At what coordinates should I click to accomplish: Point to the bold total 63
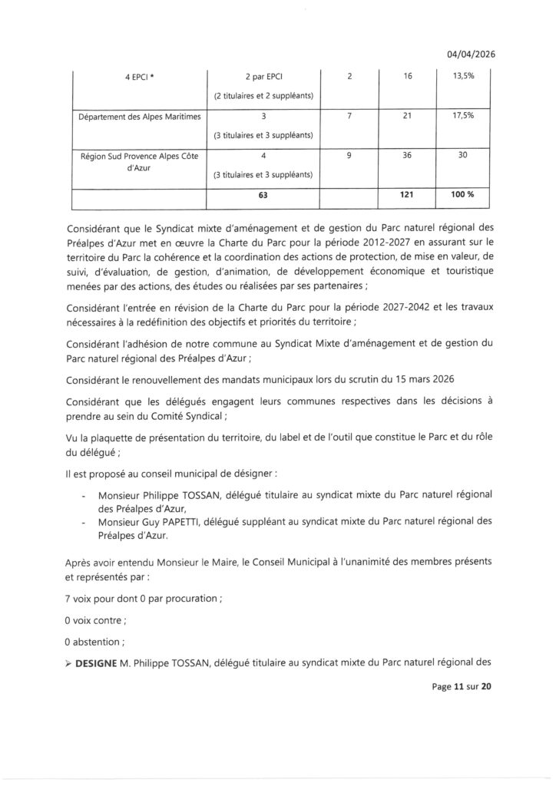click(x=263, y=195)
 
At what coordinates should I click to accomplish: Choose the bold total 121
click(x=409, y=195)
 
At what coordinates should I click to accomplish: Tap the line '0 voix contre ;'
click(x=97, y=616)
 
